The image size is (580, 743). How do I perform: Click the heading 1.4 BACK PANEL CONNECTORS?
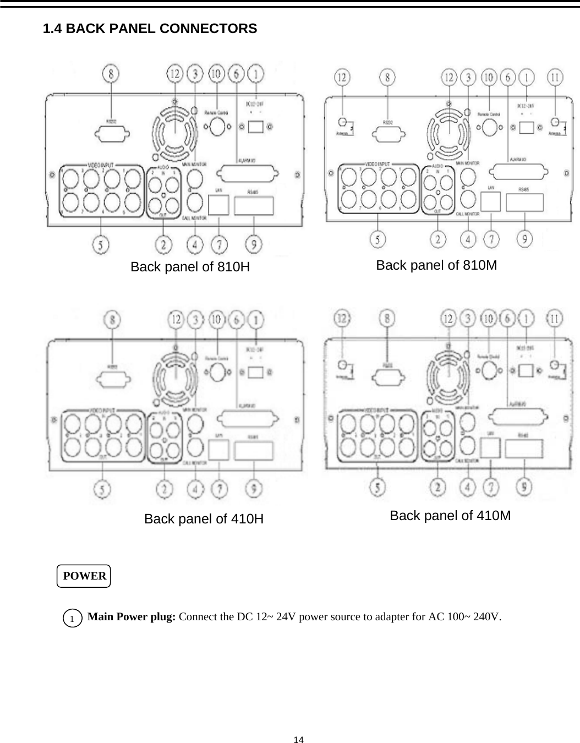click(x=150, y=29)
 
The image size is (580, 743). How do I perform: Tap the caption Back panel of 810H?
click(x=190, y=267)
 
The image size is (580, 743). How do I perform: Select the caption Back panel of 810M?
click(x=436, y=265)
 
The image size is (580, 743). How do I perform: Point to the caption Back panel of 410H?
click(x=204, y=519)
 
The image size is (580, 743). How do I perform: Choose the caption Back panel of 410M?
click(x=450, y=516)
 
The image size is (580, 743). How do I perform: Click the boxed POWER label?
click(x=84, y=576)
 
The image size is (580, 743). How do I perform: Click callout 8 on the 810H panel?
click(x=112, y=74)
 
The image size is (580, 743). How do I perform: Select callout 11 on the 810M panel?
click(x=556, y=77)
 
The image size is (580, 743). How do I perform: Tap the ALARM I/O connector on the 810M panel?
click(x=520, y=174)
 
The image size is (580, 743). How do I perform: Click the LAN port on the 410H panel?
click(x=220, y=451)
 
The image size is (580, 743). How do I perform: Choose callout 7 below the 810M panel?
click(x=491, y=239)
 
